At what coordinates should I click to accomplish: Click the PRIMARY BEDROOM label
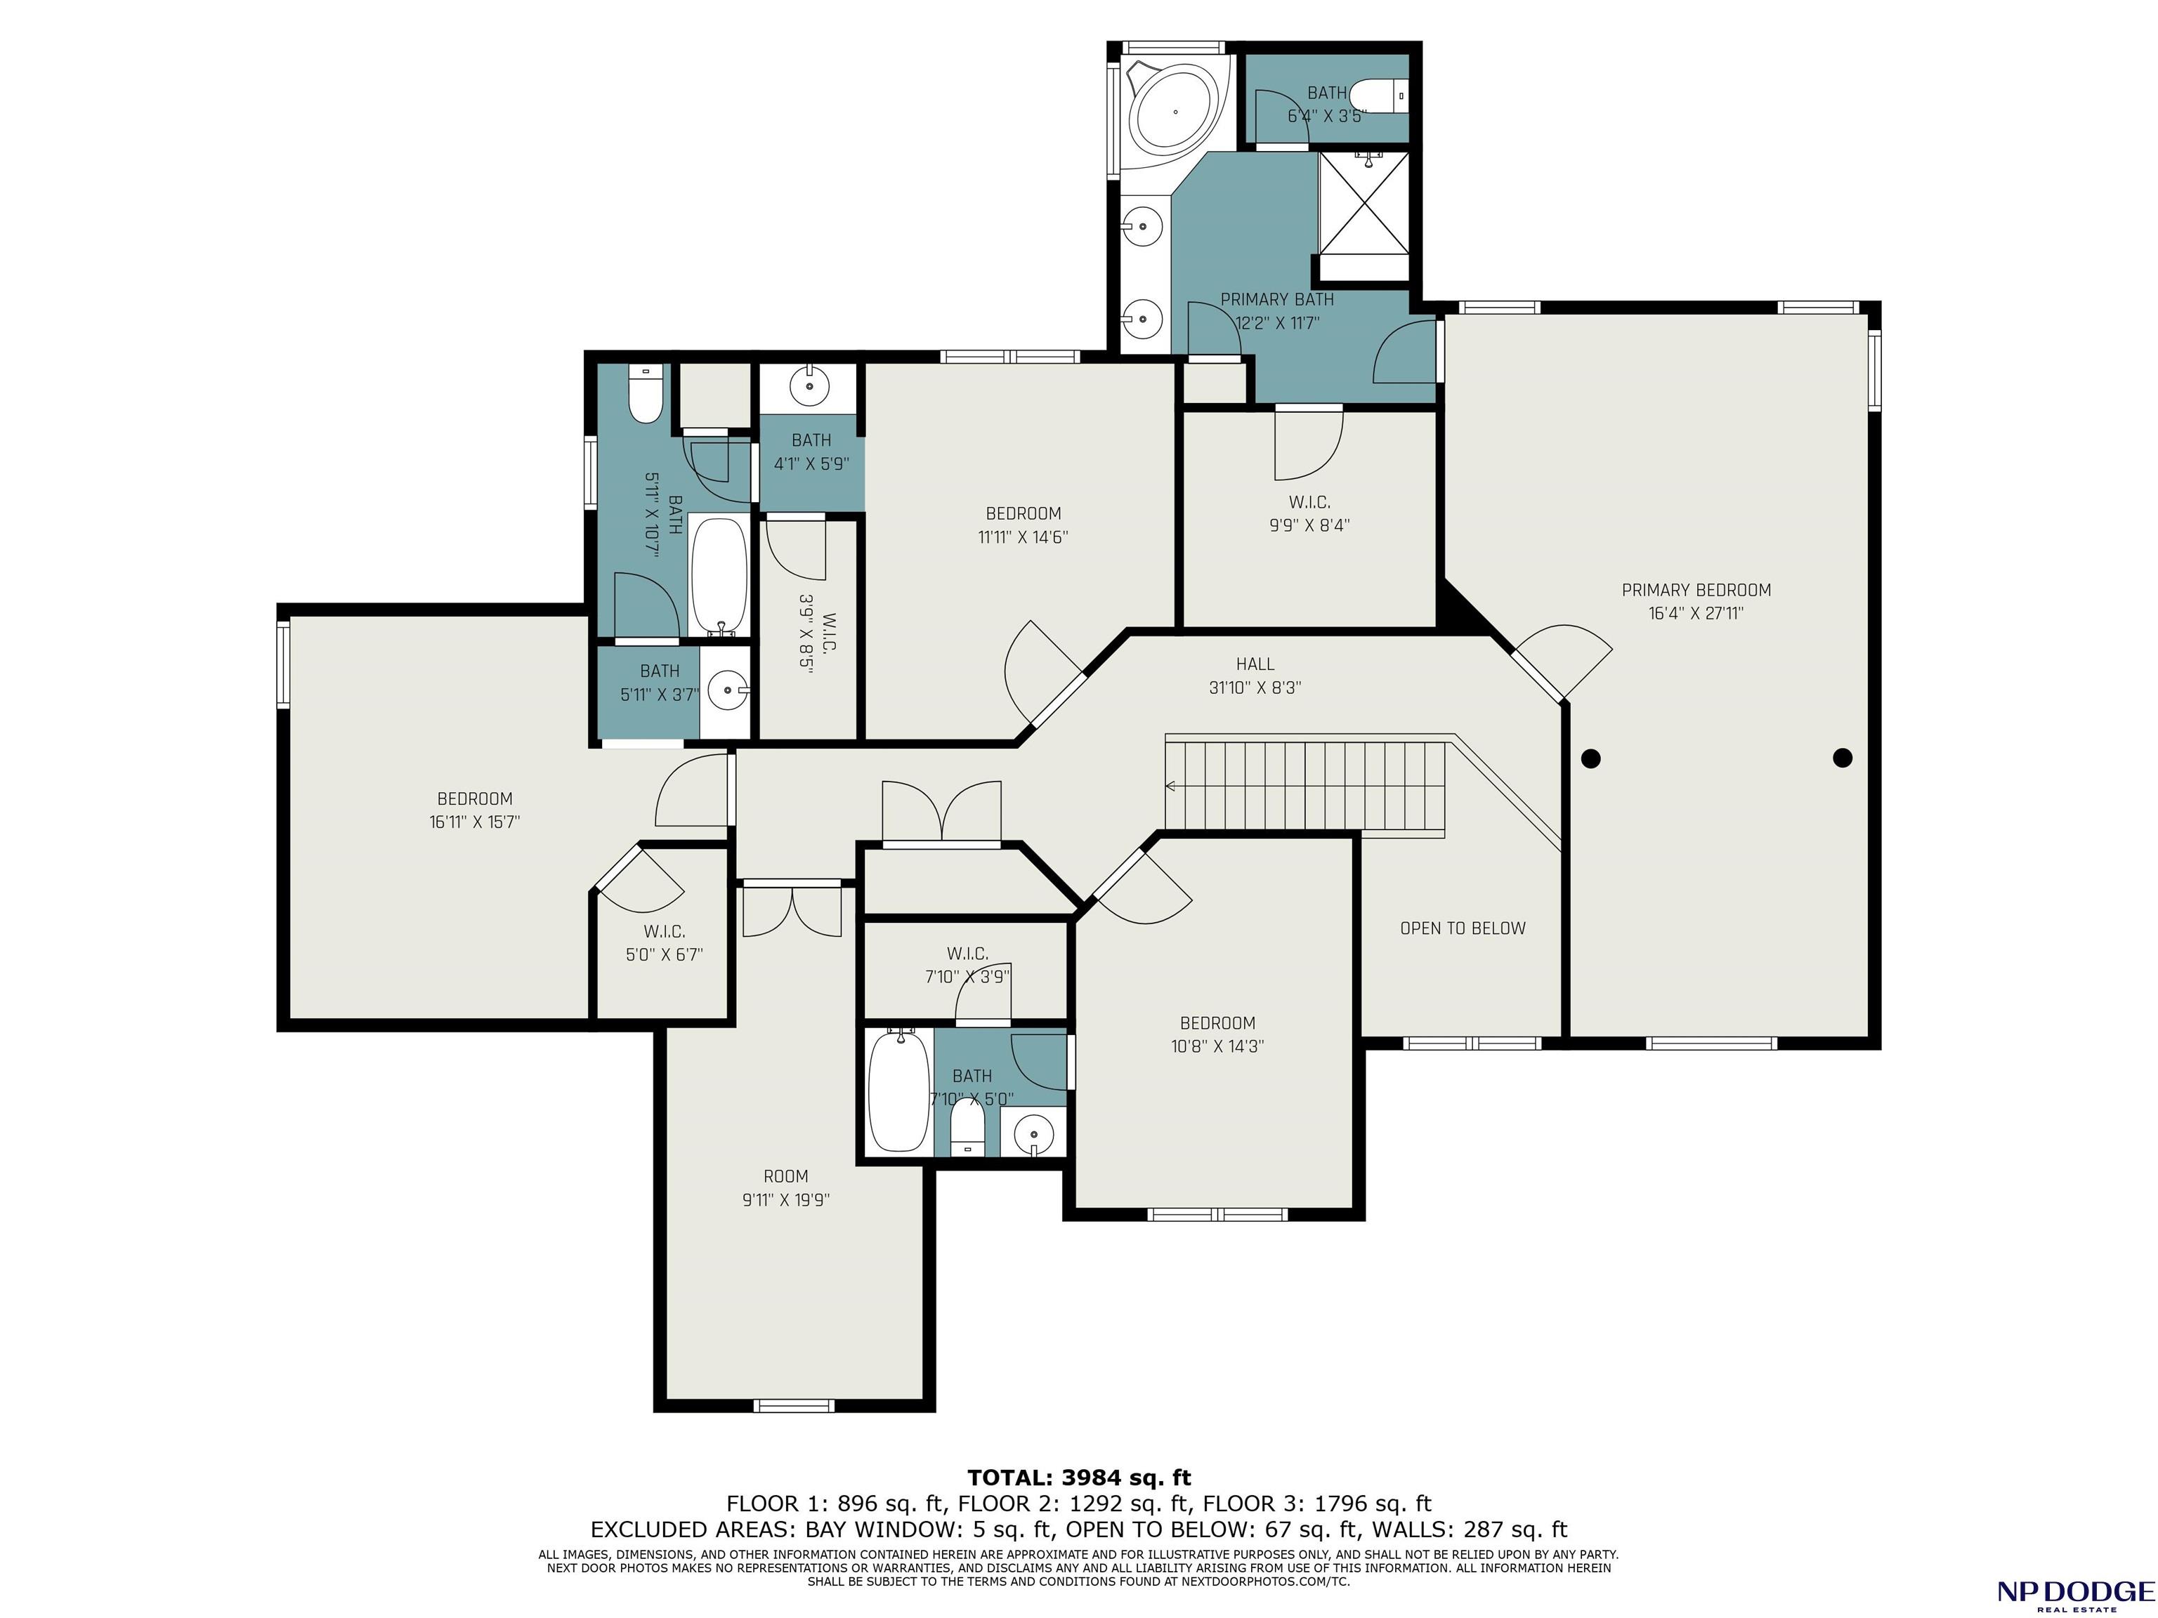(x=1696, y=590)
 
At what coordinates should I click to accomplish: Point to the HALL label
(x=1255, y=664)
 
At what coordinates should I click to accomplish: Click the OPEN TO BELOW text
(x=1463, y=928)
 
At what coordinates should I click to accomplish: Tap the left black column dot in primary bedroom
(x=1591, y=758)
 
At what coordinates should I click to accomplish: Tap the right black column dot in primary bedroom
(x=1842, y=758)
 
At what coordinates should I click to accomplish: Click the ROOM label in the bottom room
(x=785, y=1176)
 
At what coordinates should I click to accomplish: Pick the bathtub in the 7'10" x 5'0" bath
(x=898, y=1091)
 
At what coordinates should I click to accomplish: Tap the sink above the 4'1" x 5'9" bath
(x=809, y=386)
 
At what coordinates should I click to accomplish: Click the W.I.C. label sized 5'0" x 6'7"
(x=665, y=931)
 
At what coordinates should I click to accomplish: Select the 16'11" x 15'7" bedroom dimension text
(x=474, y=822)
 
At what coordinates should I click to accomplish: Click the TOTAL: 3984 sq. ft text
(x=1079, y=1478)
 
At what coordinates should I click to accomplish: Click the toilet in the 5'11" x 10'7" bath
(x=645, y=394)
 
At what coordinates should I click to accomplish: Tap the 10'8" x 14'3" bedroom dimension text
(x=1217, y=1046)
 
